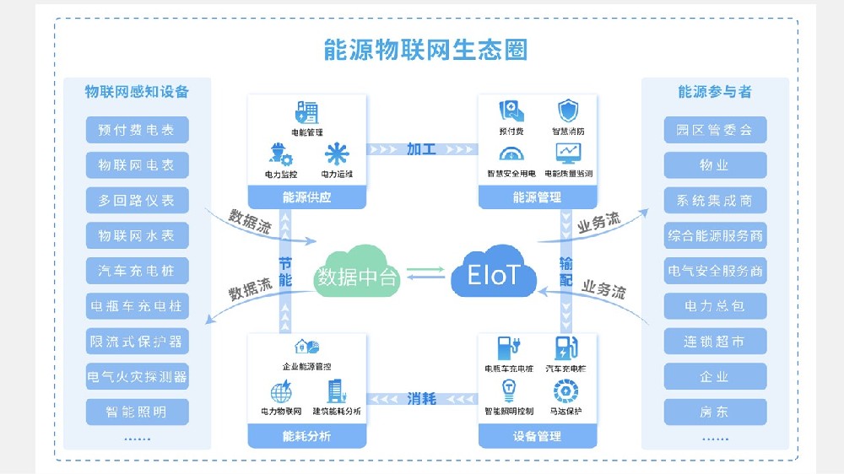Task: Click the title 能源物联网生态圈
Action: (x=425, y=49)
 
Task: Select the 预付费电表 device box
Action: (x=137, y=130)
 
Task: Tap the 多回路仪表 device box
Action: (x=137, y=201)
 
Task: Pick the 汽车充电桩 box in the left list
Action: (x=137, y=271)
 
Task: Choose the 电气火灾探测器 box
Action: (x=137, y=376)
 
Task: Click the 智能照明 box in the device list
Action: (x=137, y=412)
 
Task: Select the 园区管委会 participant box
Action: (x=714, y=130)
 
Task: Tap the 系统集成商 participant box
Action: (x=714, y=201)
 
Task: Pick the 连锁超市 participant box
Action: (x=714, y=342)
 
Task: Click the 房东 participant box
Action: (x=714, y=412)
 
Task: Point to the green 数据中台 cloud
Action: (x=356, y=274)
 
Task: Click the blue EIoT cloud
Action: (x=495, y=274)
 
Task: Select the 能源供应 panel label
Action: (x=306, y=198)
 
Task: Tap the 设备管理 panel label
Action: (x=537, y=436)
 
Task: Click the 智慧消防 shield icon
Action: (x=568, y=111)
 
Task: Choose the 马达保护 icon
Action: (x=565, y=391)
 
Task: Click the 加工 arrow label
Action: (x=421, y=149)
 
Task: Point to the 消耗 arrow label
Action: (x=421, y=398)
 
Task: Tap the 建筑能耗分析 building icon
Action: (x=336, y=391)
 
